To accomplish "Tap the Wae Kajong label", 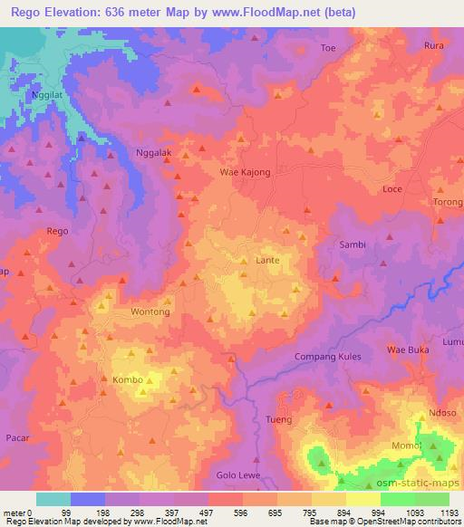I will pos(242,170).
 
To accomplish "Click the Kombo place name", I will pos(127,379).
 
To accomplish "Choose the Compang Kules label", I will pos(328,356).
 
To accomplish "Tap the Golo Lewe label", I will pos(237,475).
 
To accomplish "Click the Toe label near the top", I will pos(328,47).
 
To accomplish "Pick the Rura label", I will pos(433,45).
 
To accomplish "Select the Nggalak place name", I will pos(152,153).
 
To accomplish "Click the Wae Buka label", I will pos(406,349).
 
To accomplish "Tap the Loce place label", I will pos(392,189).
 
